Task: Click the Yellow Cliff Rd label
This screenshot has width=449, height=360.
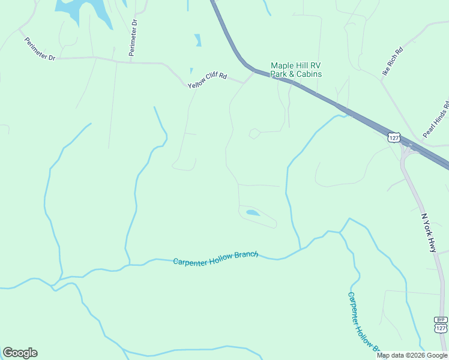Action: click(207, 81)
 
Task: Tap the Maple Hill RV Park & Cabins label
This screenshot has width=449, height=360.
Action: click(296, 70)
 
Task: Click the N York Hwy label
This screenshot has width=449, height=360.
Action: click(429, 233)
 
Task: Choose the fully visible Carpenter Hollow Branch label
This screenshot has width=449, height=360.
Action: click(215, 259)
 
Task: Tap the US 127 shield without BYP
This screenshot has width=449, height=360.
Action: click(393, 137)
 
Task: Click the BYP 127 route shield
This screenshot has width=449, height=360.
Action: click(441, 325)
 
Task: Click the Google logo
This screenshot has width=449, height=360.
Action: click(20, 353)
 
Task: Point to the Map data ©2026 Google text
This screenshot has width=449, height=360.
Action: click(412, 355)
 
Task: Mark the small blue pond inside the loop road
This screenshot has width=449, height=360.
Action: click(253, 212)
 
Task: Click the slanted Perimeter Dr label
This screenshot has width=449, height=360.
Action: click(40, 49)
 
